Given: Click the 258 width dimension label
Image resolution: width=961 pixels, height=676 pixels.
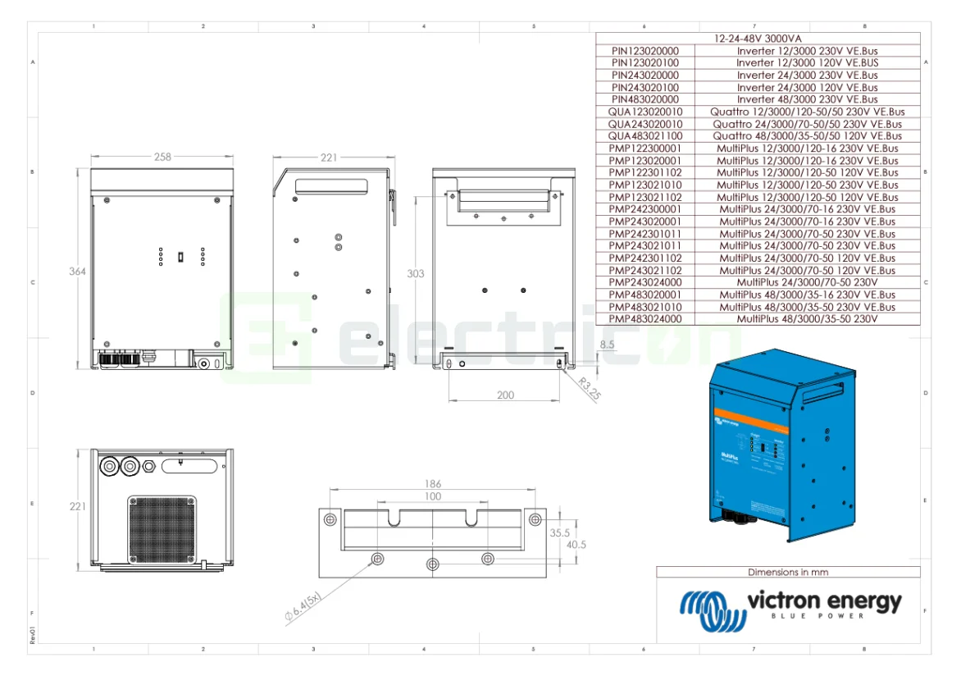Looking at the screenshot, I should [163, 157].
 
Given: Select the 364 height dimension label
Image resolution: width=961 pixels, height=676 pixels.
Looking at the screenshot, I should [78, 272].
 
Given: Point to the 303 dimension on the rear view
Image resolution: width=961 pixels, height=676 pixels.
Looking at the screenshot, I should [416, 273].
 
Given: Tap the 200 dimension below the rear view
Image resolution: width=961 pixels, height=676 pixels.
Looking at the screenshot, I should [505, 395].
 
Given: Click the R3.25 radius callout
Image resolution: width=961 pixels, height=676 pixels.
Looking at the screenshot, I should [589, 388].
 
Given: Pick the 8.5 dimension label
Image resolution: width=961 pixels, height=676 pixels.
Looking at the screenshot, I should [608, 345].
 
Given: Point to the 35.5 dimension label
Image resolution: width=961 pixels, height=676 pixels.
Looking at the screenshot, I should [561, 532].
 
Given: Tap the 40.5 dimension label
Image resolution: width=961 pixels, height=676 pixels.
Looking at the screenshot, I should [576, 545].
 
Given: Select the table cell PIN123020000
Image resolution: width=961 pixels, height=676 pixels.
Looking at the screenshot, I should [645, 51].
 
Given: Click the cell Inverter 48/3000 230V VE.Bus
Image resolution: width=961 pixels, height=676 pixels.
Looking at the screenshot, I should [807, 99].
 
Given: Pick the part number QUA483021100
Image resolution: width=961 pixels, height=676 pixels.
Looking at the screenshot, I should [645, 136].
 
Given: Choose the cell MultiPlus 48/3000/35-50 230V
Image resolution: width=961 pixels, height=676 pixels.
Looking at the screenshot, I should [807, 319].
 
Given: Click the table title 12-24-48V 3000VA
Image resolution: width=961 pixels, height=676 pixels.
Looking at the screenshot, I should [758, 39].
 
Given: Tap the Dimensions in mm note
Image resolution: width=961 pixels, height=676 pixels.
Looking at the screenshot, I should [787, 572].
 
